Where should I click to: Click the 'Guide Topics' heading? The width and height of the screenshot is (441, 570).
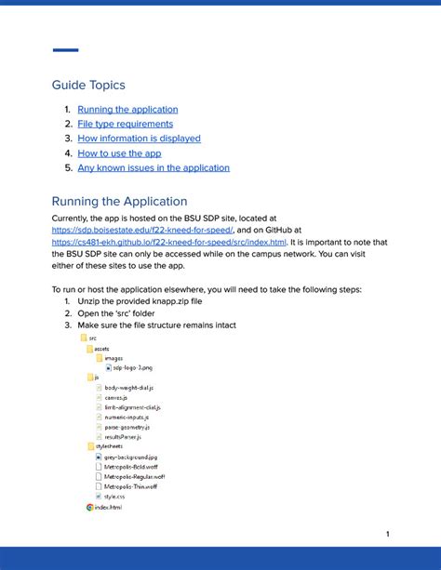[88, 85]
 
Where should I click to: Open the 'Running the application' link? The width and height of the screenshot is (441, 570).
[127, 109]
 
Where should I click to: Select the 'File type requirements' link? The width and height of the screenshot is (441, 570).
[125, 124]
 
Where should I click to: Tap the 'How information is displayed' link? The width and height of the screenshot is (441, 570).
[139, 139]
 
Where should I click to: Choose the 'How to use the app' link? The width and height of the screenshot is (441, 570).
[119, 153]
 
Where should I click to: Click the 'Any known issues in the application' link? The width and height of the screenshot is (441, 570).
[154, 168]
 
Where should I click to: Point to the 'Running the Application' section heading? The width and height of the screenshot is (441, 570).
[119, 201]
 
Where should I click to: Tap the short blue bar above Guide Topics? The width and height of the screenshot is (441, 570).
[65, 50]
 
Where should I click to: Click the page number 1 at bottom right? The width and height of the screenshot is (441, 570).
[387, 534]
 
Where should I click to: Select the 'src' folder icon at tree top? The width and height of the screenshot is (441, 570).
[84, 338]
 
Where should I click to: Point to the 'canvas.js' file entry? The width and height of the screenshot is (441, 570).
[116, 397]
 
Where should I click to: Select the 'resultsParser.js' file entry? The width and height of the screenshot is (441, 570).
[123, 436]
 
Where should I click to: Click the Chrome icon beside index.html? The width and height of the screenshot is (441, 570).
[90, 507]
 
